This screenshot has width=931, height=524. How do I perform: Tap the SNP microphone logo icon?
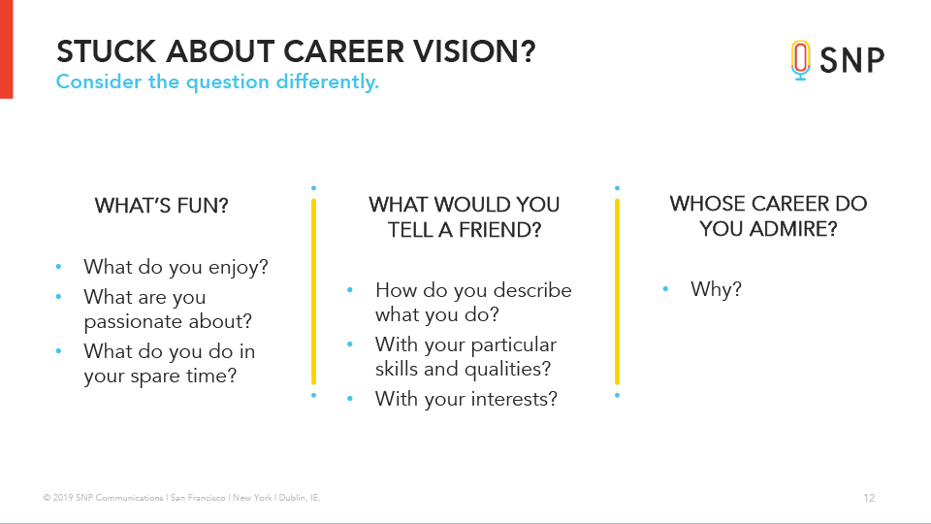800,60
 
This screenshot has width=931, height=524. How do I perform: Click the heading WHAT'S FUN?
162,206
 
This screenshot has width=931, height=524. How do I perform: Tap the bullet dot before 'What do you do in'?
58,351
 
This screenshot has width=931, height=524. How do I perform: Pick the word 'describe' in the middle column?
532,290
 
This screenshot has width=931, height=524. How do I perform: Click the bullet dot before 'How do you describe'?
350,290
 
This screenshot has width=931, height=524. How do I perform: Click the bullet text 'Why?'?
716,289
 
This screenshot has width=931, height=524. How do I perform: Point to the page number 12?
869,498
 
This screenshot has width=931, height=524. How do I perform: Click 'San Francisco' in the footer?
198,498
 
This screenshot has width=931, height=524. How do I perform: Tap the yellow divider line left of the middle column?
313,292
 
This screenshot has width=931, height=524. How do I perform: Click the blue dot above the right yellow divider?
618,188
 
